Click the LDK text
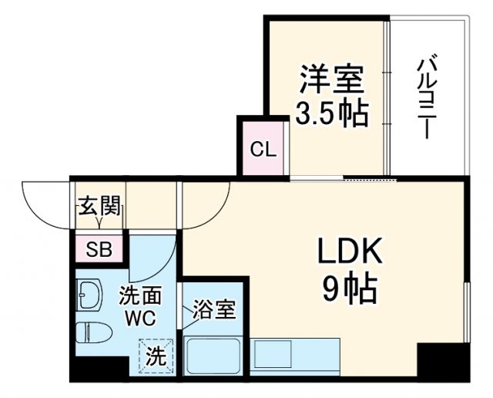tap(346, 252)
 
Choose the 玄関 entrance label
tap(99, 206)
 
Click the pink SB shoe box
tap(99, 249)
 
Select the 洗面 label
tap(139, 296)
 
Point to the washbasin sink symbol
tap(90, 294)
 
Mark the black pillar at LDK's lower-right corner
tap(443, 361)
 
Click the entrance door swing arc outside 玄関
tap(46, 204)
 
